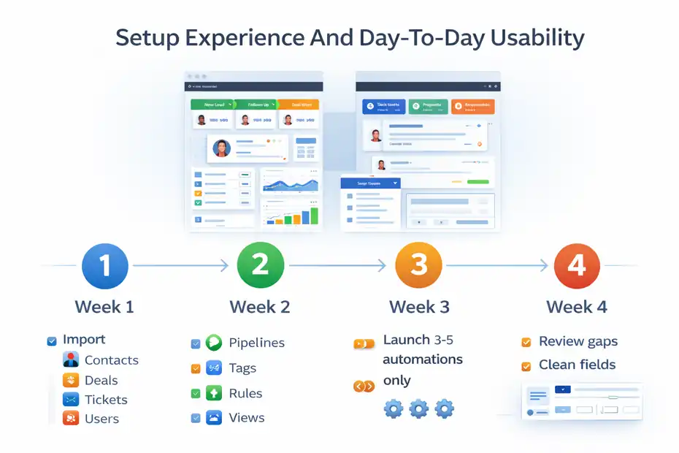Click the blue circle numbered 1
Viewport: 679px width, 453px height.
coord(105,264)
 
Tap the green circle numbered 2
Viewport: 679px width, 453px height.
coord(260,264)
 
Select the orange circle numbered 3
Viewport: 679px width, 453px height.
coord(418,264)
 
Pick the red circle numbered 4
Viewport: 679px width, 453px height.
coord(576,264)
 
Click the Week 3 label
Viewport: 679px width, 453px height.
coord(419,307)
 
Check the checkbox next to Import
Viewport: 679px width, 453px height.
coord(52,340)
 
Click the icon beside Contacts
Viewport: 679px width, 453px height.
coord(71,360)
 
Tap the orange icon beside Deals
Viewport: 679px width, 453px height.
coord(71,380)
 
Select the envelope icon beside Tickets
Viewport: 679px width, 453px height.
coord(71,400)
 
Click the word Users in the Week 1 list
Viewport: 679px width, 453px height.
coord(101,419)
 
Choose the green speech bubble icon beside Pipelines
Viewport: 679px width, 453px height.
coord(214,343)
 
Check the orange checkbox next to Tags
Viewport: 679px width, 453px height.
coord(195,369)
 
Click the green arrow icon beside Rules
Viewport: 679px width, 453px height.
coord(214,393)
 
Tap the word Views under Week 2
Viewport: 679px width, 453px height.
coord(247,418)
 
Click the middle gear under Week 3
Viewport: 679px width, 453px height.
coord(418,408)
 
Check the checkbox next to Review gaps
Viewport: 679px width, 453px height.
coord(526,342)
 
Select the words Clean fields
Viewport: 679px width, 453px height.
coord(577,365)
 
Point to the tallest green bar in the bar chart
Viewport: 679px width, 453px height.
coord(314,216)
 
